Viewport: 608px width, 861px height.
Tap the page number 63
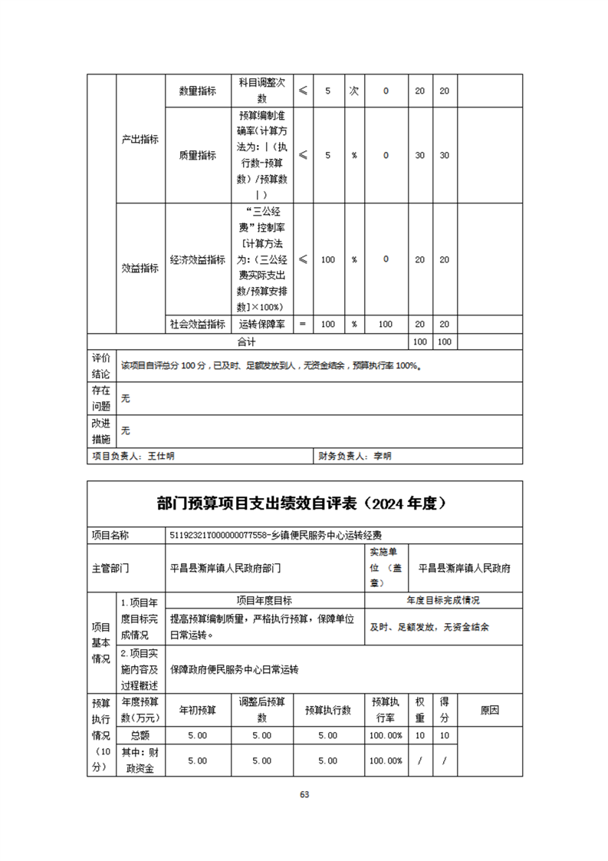(x=304, y=794)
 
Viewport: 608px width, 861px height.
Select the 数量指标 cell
(x=197, y=91)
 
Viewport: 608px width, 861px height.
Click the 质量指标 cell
(x=197, y=155)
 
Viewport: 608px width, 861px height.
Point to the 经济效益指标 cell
(x=197, y=259)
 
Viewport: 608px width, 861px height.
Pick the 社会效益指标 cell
(x=197, y=325)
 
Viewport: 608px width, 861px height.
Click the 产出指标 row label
(x=140, y=140)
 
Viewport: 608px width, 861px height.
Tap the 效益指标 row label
(x=140, y=268)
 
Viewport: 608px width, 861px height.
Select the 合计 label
(x=246, y=341)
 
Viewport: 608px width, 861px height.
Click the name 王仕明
(x=162, y=456)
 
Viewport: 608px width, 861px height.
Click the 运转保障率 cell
(x=261, y=325)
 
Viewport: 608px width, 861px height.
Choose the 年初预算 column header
(x=197, y=711)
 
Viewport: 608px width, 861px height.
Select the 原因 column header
(x=490, y=711)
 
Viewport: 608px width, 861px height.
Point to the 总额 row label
(x=140, y=735)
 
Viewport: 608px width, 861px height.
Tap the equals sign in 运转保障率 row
(x=302, y=325)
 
